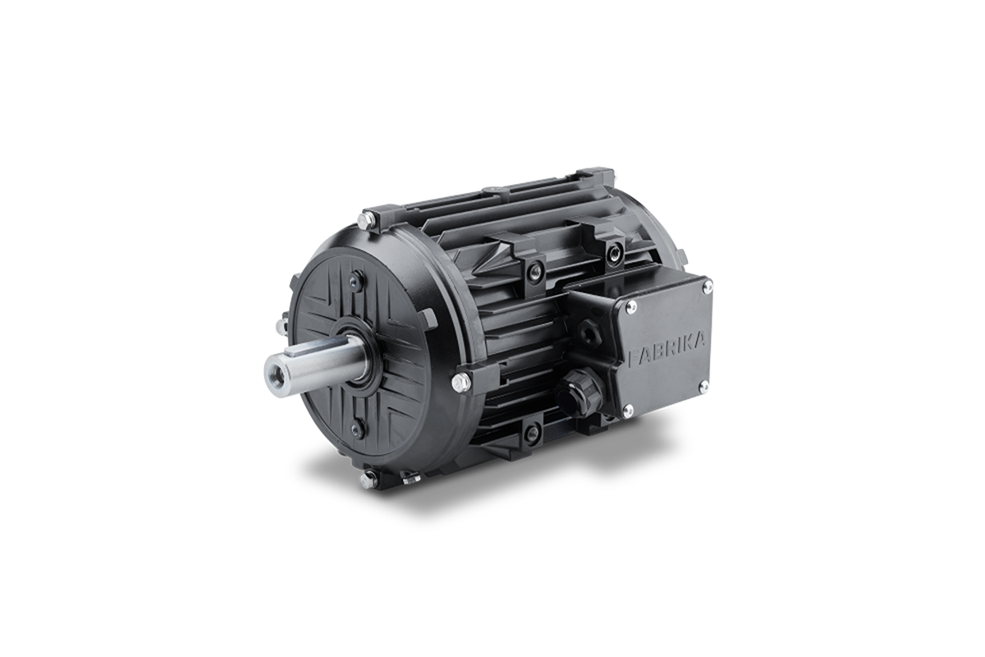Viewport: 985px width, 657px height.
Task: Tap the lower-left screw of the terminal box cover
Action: point(629,411)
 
